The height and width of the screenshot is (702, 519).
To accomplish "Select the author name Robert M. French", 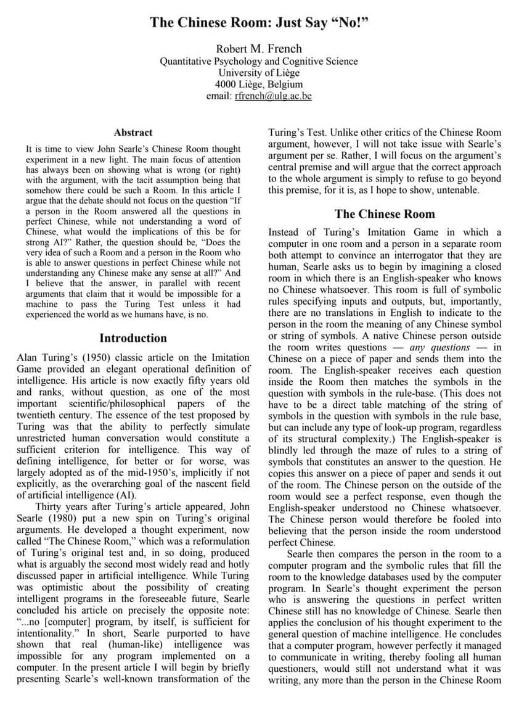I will coord(259,49).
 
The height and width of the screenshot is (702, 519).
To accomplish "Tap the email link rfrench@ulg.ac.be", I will coord(273,96).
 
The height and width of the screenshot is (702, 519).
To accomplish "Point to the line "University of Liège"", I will coord(259,73).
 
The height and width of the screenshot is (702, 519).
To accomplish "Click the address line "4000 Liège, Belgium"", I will coord(259,85).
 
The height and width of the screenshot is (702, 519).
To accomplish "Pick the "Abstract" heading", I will coord(133,132).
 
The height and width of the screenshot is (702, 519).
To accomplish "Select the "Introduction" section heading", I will coord(133,338).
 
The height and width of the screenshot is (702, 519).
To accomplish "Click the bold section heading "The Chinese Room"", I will coord(385,214).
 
